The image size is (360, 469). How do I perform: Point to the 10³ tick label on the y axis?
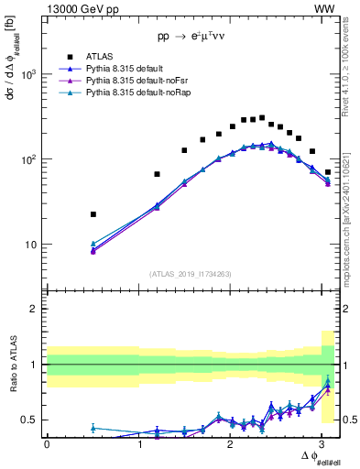click(30, 74)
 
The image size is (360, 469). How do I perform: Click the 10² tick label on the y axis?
click(30, 159)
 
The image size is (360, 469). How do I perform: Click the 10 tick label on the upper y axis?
click(32, 245)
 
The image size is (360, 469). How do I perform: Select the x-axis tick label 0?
click(47, 444)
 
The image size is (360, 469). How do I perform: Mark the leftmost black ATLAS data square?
click(93, 214)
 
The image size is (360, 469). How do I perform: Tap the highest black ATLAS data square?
click(262, 117)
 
